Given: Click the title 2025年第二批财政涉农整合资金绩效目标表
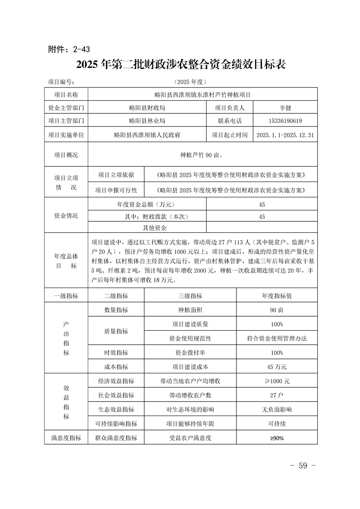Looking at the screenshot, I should click(x=181, y=64).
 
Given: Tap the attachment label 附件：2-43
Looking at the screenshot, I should click(x=71, y=49).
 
